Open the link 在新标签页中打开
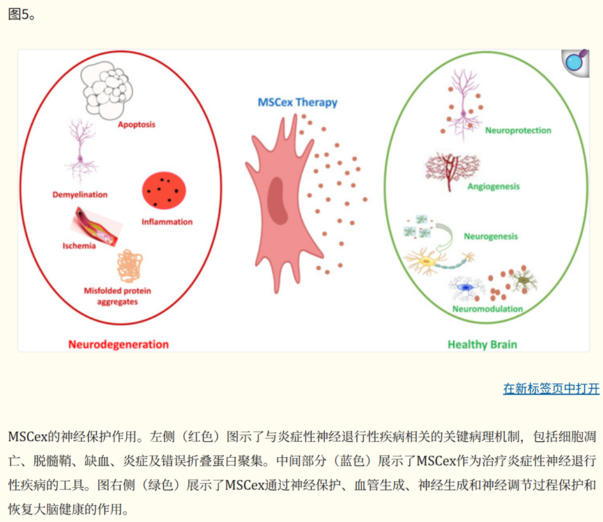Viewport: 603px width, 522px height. pyautogui.click(x=551, y=388)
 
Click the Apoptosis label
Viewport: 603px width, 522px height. pyautogui.click(x=136, y=125)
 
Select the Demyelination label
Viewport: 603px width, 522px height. pyautogui.click(x=80, y=194)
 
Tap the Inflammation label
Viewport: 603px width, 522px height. pyautogui.click(x=167, y=222)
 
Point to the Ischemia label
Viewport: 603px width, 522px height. pyautogui.click(x=78, y=246)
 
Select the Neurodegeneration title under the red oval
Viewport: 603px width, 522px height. pyautogui.click(x=119, y=344)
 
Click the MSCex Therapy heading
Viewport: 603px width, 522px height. pyautogui.click(x=298, y=102)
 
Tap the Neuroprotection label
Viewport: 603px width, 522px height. pyautogui.click(x=518, y=130)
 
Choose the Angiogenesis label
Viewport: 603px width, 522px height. pyautogui.click(x=494, y=186)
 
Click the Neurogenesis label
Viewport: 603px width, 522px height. pyautogui.click(x=491, y=236)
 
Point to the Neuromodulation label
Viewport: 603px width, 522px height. pyautogui.click(x=487, y=308)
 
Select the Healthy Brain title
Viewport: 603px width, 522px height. pyautogui.click(x=482, y=344)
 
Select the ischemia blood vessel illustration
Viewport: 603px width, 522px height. pyautogui.click(x=96, y=229)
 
